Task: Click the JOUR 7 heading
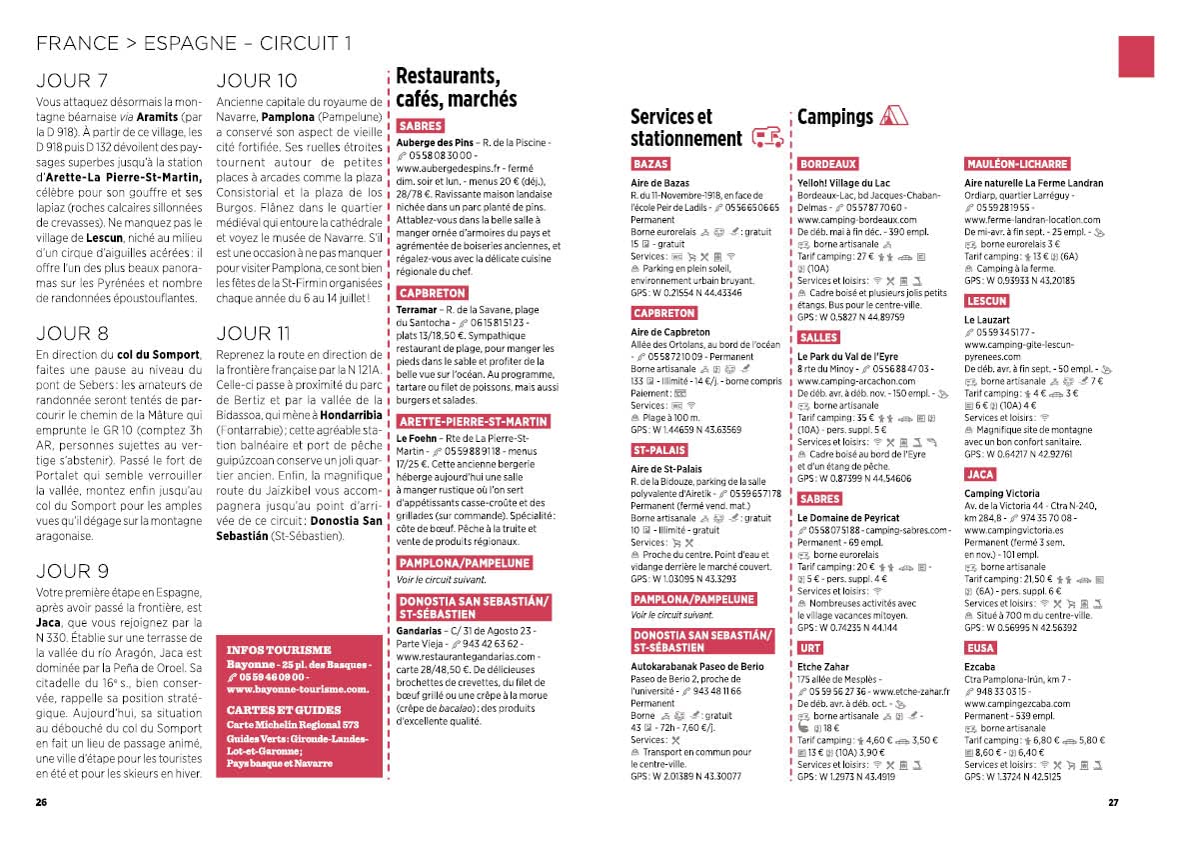click(x=72, y=81)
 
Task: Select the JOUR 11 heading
click(x=256, y=333)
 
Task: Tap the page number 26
click(x=41, y=802)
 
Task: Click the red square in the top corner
click(x=1136, y=56)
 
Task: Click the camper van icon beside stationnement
click(x=766, y=137)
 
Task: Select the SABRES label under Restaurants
click(x=420, y=127)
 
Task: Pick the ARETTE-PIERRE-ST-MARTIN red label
click(x=473, y=422)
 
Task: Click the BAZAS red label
click(x=650, y=164)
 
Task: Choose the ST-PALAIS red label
click(x=658, y=451)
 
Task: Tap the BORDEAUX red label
click(x=827, y=164)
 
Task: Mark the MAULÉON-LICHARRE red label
click(x=1017, y=164)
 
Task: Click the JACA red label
click(x=980, y=474)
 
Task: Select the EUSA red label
click(x=980, y=648)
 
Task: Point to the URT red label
click(x=810, y=648)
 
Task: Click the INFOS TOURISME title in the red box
click(x=279, y=649)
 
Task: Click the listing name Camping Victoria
click(x=1001, y=493)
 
